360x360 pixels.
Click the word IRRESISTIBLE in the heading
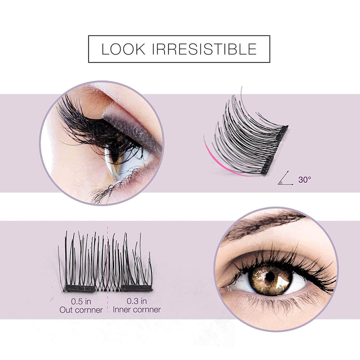click(204, 49)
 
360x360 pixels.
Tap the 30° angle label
click(304, 180)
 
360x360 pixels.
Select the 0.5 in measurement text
click(81, 301)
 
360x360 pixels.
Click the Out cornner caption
click(81, 310)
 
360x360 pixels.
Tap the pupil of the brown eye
click(270, 276)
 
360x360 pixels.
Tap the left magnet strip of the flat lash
click(80, 288)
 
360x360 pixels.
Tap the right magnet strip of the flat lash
click(137, 288)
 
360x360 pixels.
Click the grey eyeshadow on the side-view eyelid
click(130, 127)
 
